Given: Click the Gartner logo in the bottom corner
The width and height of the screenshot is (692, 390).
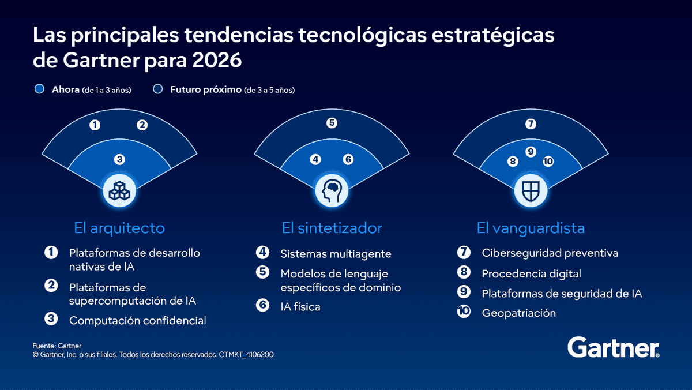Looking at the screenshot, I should pos(614,348).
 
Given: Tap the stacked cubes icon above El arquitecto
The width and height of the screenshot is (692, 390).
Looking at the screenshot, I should pos(119,190).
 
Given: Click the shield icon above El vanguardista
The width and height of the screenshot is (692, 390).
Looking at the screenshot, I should pos(530,190).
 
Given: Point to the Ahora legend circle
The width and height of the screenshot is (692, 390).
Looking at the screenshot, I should pos(40,89).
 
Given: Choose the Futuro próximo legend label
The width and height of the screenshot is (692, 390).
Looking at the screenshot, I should pos(205,90).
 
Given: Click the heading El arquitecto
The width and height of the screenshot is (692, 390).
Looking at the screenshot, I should pos(119,228).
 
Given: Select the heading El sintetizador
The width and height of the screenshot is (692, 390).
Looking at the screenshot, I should pos(332,228).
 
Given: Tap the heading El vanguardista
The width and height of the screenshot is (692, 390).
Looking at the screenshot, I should pos(531,228).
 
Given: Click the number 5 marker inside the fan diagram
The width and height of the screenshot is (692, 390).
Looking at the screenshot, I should pos(331,123).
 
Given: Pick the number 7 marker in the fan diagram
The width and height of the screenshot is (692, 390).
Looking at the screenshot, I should pos(531,124).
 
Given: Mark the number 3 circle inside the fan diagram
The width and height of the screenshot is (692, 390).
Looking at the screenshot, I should pos(119,159).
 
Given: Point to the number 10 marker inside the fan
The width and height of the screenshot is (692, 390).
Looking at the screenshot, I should pos(548,162).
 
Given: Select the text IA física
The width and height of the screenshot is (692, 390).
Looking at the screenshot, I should pos(300,307).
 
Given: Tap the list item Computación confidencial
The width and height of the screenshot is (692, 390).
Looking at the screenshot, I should pos(137,320).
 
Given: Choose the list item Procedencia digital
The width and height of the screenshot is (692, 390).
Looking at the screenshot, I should pos(531,273).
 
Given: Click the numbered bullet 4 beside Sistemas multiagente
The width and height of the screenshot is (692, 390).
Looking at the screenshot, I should pos(263,253).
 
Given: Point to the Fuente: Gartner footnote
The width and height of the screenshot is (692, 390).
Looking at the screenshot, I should pos(57,346).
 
